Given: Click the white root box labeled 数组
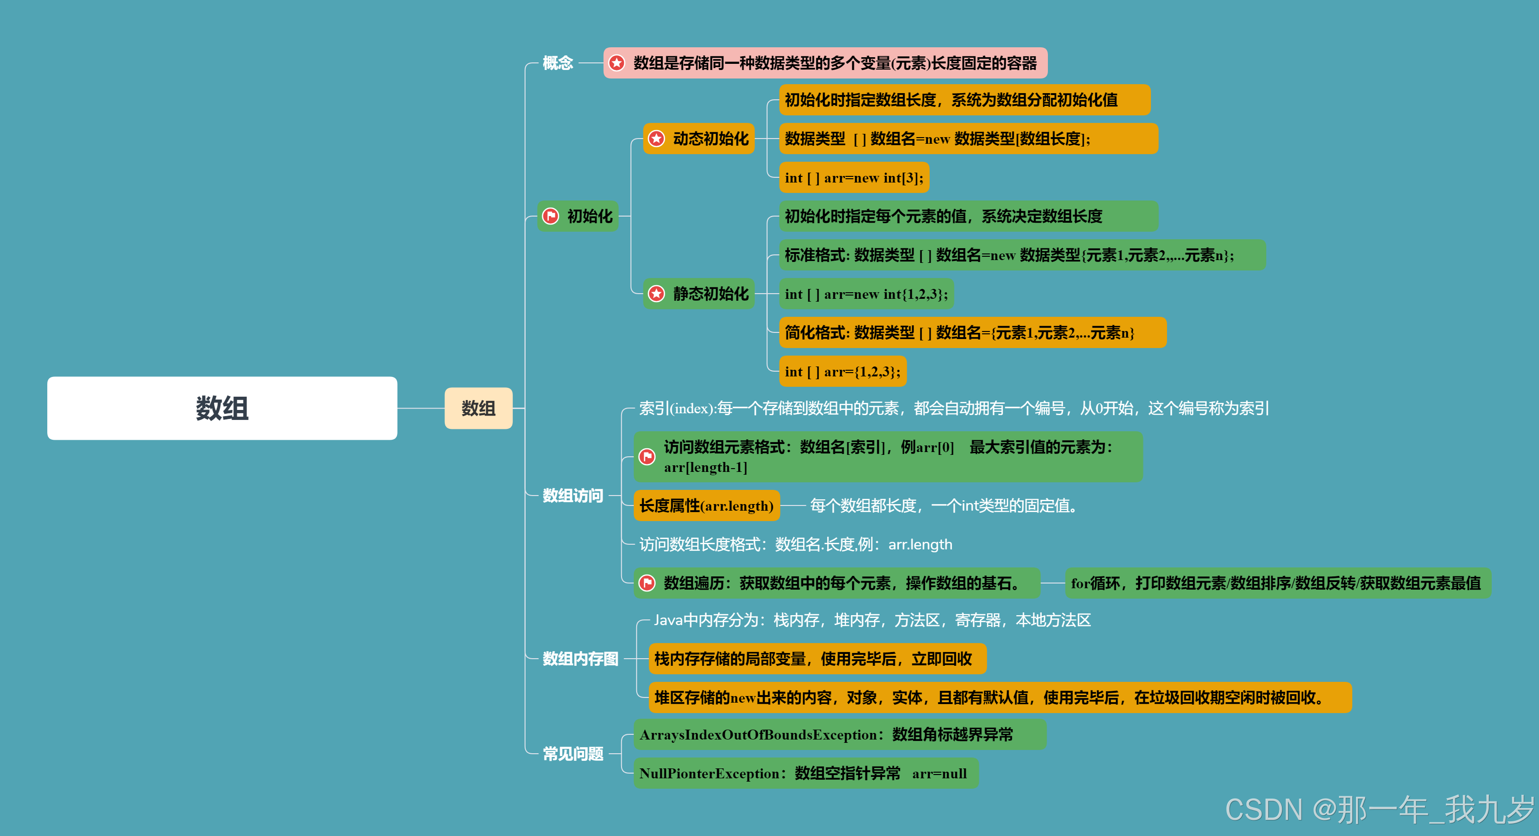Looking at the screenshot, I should pos(222,408).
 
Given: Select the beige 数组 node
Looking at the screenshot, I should pos(478,408).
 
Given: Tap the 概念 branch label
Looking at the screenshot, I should pos(557,63).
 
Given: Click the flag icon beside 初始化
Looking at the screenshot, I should pos(550,216).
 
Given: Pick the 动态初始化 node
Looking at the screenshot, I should pos(699,139).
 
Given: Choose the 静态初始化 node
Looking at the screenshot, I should pos(699,294).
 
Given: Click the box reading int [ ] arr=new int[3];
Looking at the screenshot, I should pos(854,177).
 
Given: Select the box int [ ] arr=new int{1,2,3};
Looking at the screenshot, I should pos(866,294).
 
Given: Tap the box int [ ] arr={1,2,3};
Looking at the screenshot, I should pos(842,372).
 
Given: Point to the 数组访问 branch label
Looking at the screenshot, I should pos(572,496).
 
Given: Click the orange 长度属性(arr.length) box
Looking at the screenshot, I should pos(706,505).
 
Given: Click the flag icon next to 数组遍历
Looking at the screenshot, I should pos(647,583).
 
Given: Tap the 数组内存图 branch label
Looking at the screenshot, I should pos(580,659).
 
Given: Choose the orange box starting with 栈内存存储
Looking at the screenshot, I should pos(817,659).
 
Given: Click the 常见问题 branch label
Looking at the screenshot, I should pos(572,754).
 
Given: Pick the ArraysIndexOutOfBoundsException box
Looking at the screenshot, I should pos(839,734).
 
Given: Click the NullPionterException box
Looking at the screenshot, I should pos(805,773).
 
